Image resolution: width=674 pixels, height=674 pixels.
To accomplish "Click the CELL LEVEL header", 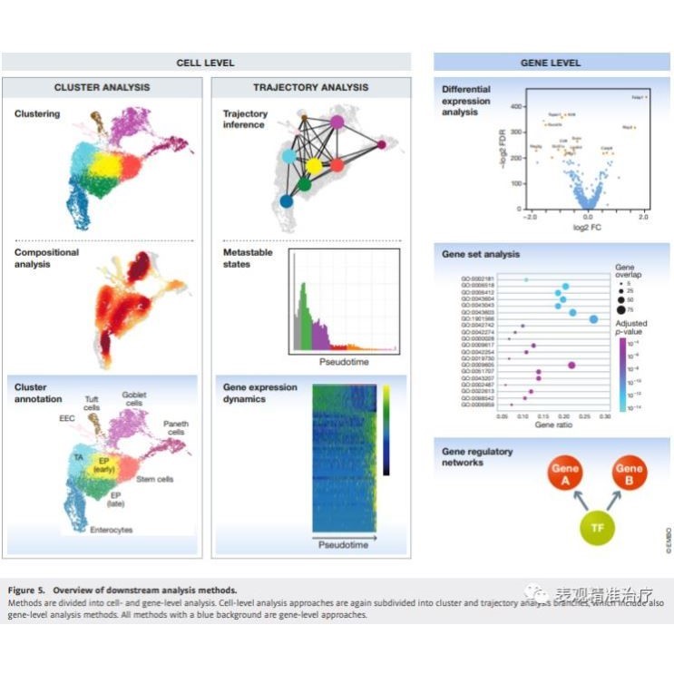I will click(x=205, y=63).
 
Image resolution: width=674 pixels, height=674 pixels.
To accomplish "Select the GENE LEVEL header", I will click(x=550, y=63).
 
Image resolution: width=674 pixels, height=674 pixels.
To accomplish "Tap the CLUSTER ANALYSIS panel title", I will click(x=103, y=88).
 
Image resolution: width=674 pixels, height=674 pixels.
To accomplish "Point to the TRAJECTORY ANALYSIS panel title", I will click(x=311, y=88).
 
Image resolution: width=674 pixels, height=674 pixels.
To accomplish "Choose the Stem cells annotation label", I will click(x=155, y=479).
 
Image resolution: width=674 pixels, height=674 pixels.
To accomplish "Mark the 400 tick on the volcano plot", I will click(x=516, y=107).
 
